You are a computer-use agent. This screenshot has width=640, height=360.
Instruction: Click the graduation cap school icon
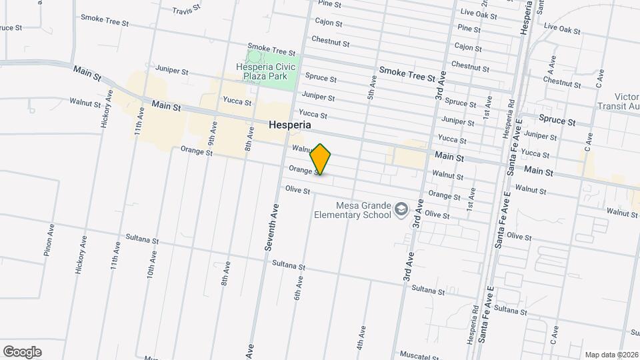[401, 211]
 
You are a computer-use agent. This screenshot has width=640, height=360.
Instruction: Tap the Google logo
[22, 352]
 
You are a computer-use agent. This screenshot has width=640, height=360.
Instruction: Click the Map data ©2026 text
[611, 355]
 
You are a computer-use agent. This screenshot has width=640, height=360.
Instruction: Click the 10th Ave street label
[152, 264]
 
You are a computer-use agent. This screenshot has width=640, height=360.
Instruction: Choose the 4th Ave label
[361, 337]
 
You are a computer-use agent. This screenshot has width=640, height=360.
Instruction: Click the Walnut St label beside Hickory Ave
[85, 103]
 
